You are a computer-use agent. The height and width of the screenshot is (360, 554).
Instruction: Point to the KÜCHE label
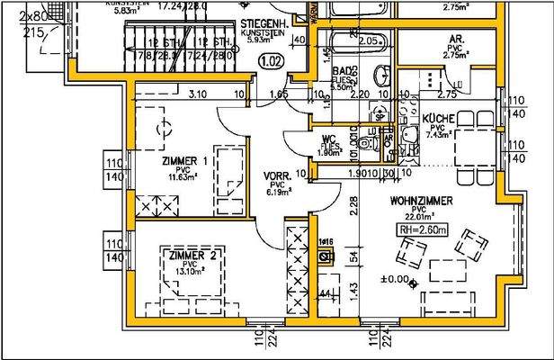[x=438, y=118]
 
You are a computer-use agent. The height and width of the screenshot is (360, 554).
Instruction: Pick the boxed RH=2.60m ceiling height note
[x=419, y=230]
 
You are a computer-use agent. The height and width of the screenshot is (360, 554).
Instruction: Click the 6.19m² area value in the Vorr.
[x=273, y=192]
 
